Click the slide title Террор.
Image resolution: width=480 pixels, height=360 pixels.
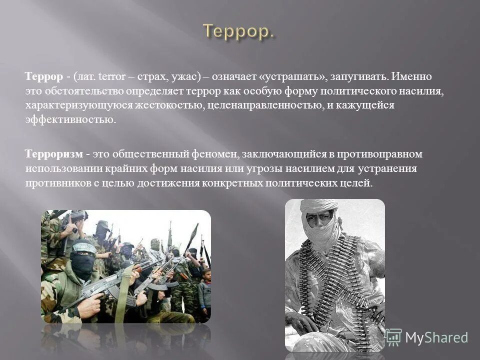(x=239, y=31)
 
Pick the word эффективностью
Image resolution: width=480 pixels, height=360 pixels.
(x=70, y=120)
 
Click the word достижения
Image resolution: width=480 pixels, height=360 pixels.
(x=172, y=182)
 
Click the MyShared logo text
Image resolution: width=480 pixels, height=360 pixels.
(x=436, y=337)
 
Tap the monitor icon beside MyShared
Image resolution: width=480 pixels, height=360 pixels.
(x=393, y=336)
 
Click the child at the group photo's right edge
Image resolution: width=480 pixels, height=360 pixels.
(x=204, y=287)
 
